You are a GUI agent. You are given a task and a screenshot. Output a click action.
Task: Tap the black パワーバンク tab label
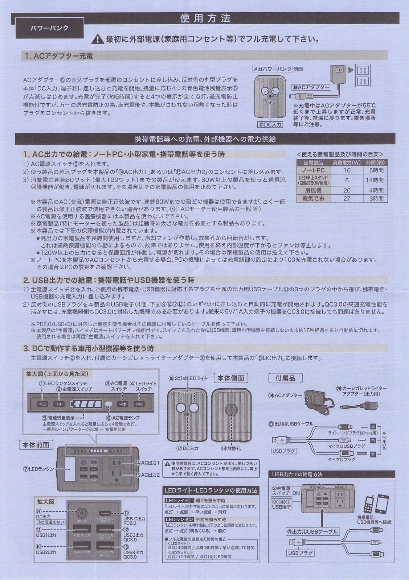coord(50,28)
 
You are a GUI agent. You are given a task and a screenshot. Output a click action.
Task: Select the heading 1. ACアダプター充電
coord(58,56)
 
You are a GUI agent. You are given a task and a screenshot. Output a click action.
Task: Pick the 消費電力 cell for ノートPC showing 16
coord(347,170)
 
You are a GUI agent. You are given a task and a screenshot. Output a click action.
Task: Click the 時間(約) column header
coord(375,162)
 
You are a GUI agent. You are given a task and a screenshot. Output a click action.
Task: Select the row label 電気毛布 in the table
coord(313,198)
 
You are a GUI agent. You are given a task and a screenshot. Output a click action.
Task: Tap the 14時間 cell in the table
coord(375,180)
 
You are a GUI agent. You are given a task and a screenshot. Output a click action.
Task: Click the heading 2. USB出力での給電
coord(109,280)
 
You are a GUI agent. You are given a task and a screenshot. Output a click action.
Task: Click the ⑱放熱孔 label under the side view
coord(231,448)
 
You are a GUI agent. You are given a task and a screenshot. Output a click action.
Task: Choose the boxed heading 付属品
coord(285,378)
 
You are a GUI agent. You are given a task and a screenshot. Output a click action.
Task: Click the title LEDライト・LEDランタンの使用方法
coord(211,490)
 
